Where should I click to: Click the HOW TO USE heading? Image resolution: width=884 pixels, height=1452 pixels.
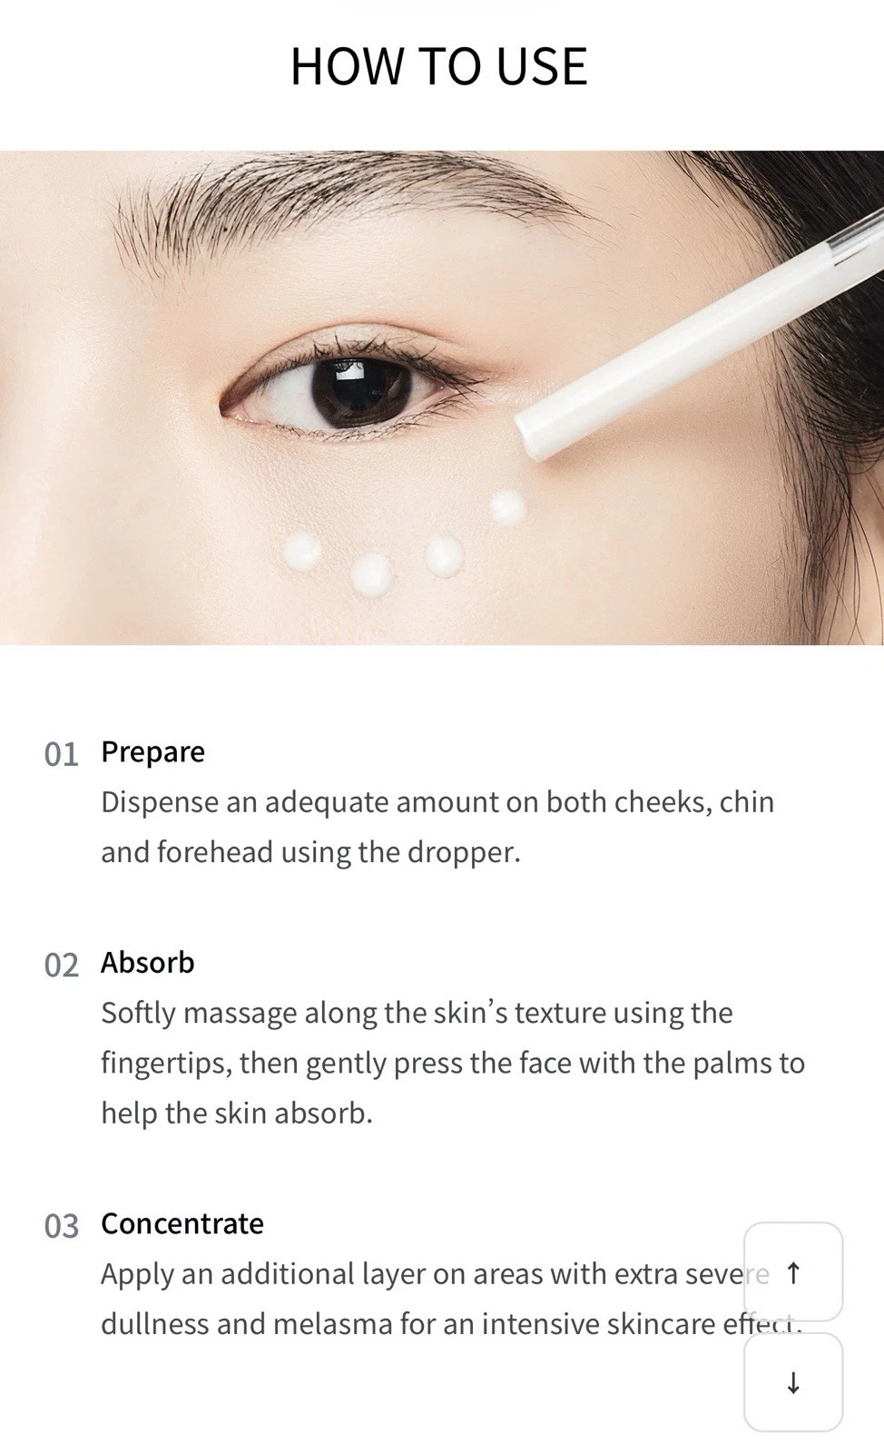[x=439, y=66]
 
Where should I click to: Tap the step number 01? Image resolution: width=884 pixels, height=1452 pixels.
[x=62, y=754]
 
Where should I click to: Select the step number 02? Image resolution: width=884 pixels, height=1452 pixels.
[x=62, y=966]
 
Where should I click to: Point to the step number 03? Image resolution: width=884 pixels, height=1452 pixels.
[x=62, y=1226]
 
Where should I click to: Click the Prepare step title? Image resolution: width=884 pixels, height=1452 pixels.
[x=153, y=753]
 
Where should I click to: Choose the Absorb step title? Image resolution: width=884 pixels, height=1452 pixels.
[x=148, y=963]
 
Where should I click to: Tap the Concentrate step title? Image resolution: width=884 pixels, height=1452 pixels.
[x=182, y=1224]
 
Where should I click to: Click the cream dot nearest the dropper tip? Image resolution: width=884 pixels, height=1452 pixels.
[x=507, y=507]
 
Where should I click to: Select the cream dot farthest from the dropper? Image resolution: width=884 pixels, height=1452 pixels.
[x=301, y=551]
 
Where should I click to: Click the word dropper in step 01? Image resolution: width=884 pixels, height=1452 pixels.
[x=464, y=852]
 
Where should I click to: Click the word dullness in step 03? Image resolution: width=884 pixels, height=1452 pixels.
[x=155, y=1324]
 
